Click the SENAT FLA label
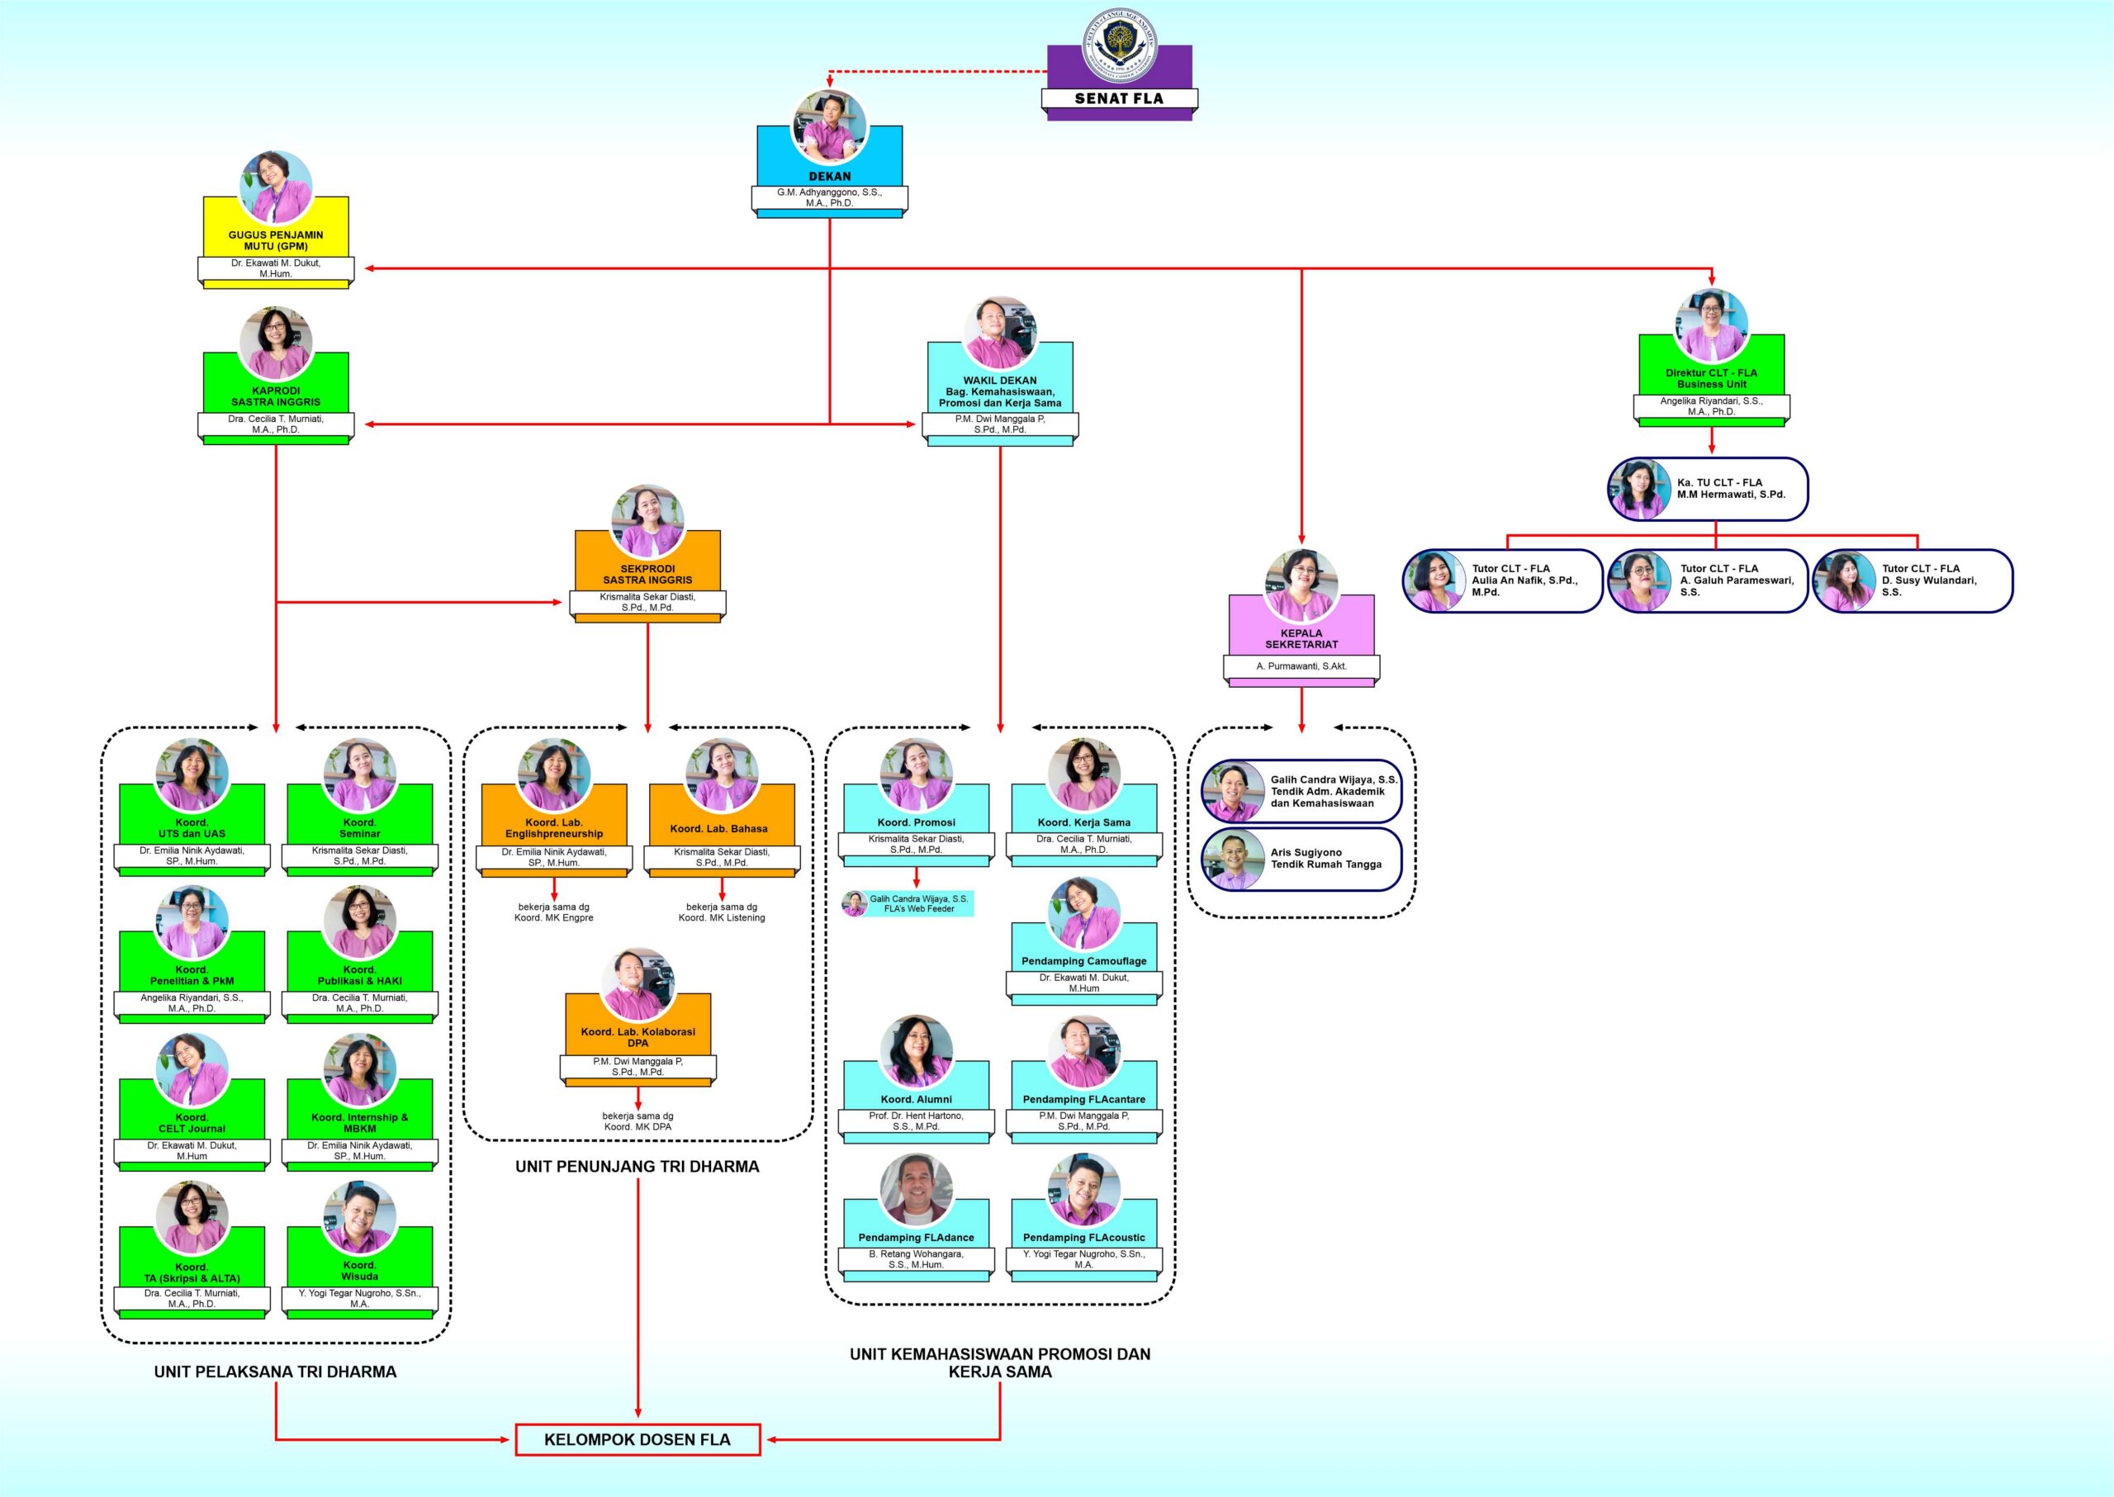click(x=1118, y=98)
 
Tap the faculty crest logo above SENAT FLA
click(x=1119, y=45)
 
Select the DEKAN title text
click(x=830, y=176)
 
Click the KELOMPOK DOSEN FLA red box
click(x=637, y=1439)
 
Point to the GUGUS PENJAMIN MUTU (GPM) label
click(x=276, y=240)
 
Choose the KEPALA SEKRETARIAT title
click(x=1301, y=639)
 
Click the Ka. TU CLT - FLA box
click(x=1709, y=490)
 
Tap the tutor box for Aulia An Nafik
click(x=1503, y=580)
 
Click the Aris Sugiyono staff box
click(x=1301, y=859)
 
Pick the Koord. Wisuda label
click(x=359, y=1270)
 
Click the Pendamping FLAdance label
click(x=917, y=1237)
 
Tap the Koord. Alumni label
click(x=917, y=1099)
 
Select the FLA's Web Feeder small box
click(x=908, y=903)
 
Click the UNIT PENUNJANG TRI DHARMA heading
click(x=637, y=1166)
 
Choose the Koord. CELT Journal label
click(x=192, y=1123)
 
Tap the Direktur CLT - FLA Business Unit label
click(x=1711, y=379)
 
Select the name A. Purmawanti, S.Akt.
click(x=1301, y=666)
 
